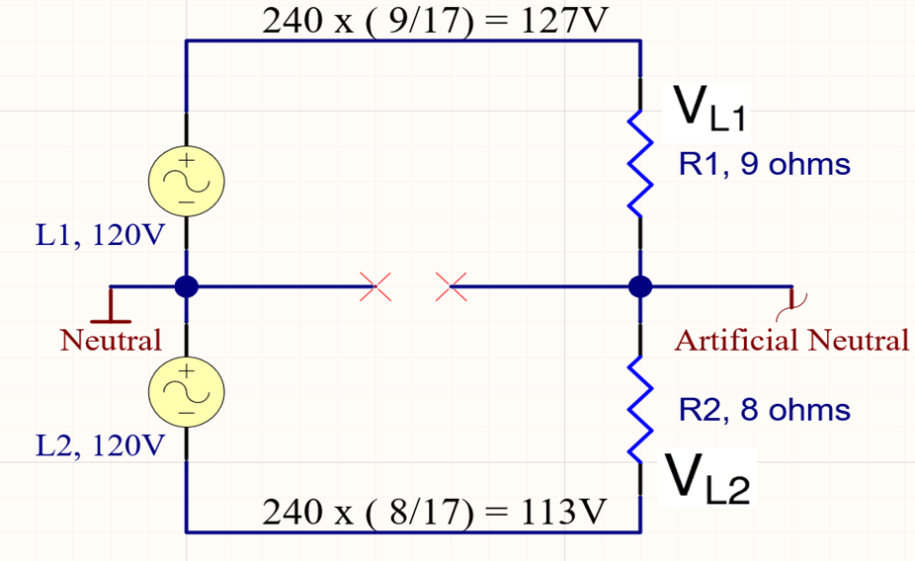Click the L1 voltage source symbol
click(186, 180)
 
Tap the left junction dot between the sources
click(186, 287)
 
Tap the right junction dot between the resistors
click(640, 287)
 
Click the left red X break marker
click(373, 287)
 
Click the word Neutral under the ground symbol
click(111, 342)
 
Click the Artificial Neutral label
click(790, 342)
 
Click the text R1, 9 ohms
click(764, 164)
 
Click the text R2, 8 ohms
click(764, 409)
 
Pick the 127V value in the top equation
click(560, 22)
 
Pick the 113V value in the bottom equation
click(560, 513)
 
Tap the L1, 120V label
click(100, 237)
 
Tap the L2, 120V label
click(100, 446)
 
